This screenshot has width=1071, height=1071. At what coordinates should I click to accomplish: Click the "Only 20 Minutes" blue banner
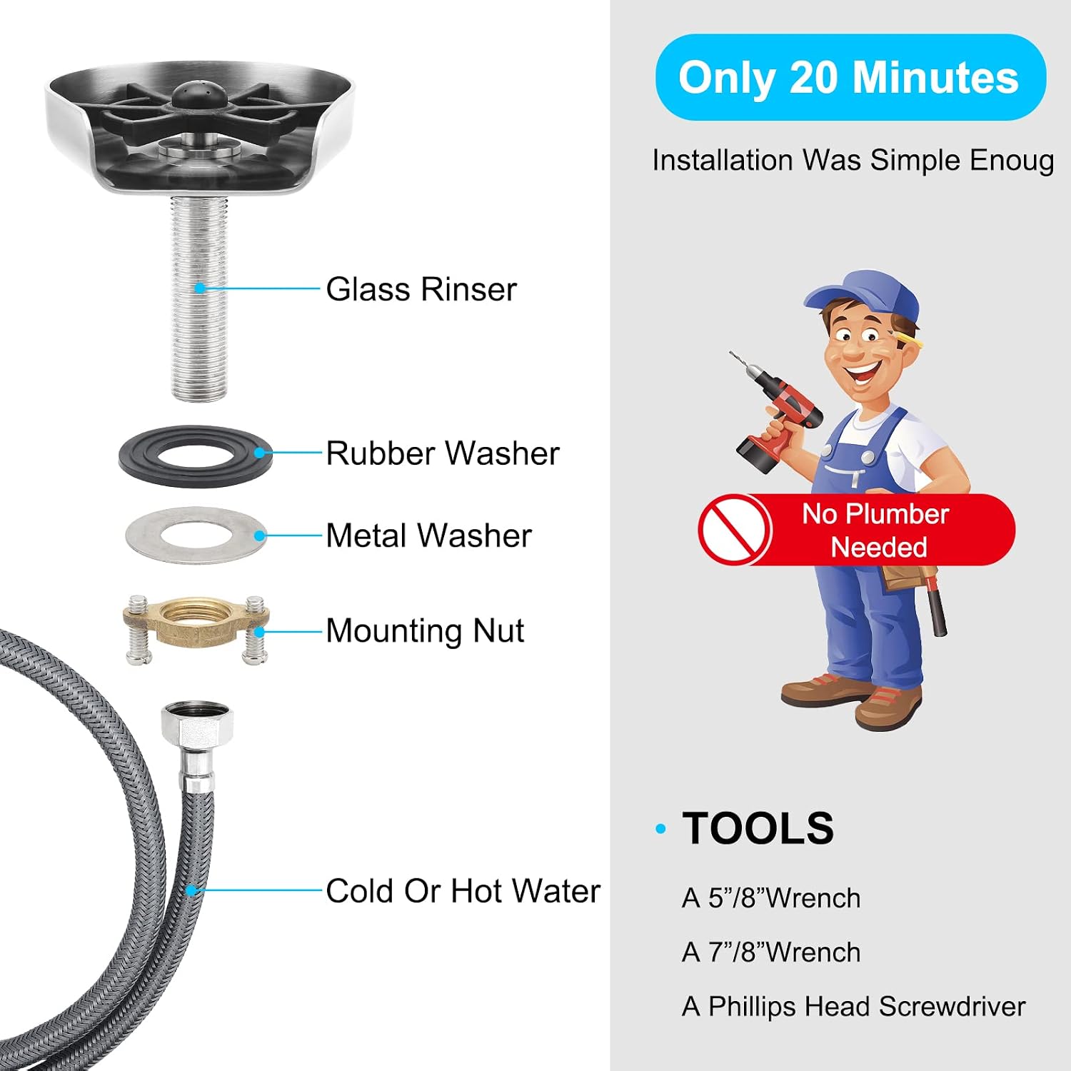click(850, 77)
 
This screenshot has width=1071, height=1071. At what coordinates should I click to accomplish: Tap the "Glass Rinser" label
click(421, 289)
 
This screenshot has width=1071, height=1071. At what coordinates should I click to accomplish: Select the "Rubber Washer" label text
click(443, 453)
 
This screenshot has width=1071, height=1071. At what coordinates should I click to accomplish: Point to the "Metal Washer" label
click(428, 535)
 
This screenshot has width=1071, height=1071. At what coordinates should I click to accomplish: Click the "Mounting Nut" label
click(425, 631)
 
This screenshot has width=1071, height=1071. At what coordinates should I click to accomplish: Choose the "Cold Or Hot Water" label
click(463, 891)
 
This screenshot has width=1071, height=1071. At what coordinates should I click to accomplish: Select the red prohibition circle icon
click(735, 529)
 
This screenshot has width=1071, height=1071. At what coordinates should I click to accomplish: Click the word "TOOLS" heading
click(758, 828)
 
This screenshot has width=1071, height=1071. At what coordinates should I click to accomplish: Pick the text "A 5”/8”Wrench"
click(771, 898)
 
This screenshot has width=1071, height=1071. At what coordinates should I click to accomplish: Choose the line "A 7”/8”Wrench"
click(771, 952)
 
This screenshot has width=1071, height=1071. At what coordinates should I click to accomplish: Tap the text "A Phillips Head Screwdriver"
click(854, 1007)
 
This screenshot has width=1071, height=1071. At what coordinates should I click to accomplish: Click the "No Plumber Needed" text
click(876, 531)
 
